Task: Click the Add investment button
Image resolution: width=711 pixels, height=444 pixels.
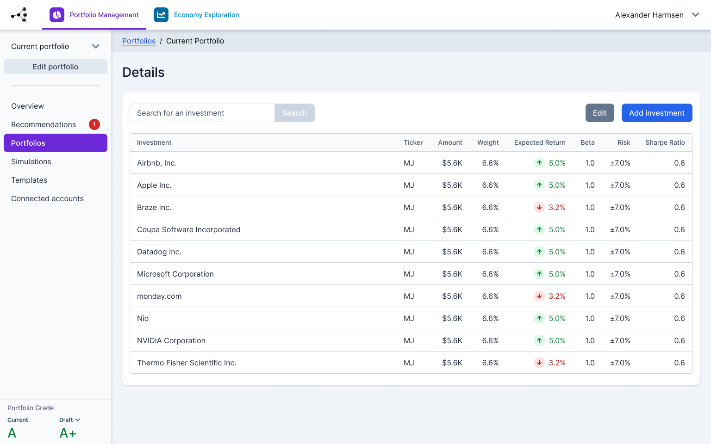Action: [656, 113]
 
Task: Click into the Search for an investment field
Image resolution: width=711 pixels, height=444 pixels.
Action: [202, 113]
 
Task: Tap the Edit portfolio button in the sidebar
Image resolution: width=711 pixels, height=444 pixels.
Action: [56, 67]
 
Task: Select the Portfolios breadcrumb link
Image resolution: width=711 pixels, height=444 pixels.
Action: [139, 41]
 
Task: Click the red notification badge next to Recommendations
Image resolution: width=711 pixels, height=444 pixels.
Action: [94, 124]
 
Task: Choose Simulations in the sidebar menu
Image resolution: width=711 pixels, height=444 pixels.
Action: [31, 161]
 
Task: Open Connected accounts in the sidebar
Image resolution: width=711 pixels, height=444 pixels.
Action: [47, 198]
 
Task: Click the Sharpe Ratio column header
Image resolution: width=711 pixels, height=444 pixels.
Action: [665, 142]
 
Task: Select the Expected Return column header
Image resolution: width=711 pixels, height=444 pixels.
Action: [539, 142]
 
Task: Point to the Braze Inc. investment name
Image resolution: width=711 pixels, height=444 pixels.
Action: [154, 207]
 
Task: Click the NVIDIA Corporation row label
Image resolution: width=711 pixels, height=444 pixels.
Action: [171, 340]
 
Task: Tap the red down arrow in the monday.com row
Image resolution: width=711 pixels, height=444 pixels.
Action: [539, 296]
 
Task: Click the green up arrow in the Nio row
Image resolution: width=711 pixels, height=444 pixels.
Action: [539, 318]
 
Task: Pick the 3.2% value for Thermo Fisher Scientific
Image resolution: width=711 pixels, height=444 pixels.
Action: [557, 363]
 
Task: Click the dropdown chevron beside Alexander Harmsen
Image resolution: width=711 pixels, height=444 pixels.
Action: [695, 15]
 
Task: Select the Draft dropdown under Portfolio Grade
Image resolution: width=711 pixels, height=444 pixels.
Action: [69, 420]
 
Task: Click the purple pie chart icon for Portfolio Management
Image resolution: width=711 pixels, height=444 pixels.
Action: [57, 15]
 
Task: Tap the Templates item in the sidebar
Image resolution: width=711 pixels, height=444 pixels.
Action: [29, 180]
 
